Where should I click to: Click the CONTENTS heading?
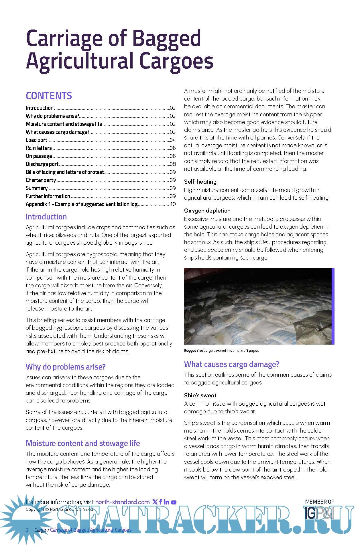[49, 96]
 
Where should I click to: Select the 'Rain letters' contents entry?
[39, 148]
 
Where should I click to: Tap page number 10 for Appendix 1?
[173, 204]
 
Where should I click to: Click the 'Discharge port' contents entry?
[42, 164]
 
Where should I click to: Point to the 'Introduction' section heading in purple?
[46, 217]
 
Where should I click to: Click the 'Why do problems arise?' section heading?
[66, 367]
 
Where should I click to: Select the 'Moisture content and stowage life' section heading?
[83, 443]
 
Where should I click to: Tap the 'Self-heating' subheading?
[200, 182]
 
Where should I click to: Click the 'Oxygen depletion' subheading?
[207, 211]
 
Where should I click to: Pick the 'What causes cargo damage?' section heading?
[231, 364]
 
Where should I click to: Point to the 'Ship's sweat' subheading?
[200, 395]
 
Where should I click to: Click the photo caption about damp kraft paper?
[221, 351]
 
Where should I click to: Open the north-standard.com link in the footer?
[122, 502]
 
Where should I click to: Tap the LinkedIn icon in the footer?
[166, 502]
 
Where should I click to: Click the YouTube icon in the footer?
[174, 502]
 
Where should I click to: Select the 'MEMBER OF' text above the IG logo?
[319, 502]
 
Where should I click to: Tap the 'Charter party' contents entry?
[41, 180]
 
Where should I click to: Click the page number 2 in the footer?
[27, 530]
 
